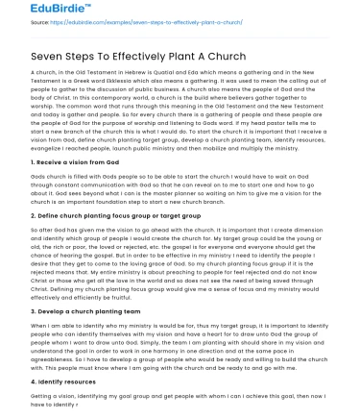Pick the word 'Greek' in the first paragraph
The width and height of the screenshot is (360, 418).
86,84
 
